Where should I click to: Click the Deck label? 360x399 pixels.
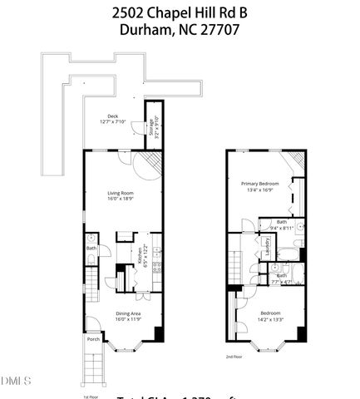pos(111,117)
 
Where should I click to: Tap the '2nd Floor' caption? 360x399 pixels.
pos(234,356)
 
